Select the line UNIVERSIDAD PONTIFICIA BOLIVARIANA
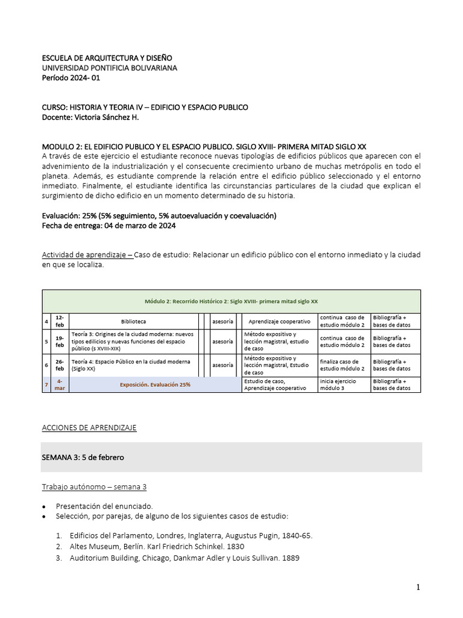[x=109, y=68]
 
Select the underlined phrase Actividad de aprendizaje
[x=87, y=255]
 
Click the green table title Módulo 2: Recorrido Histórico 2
[x=231, y=301]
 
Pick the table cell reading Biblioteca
[x=133, y=322]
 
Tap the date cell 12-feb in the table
[x=59, y=321]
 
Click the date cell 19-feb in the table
[x=59, y=341]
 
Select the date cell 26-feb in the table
[x=59, y=365]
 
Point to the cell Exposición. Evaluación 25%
[x=156, y=384]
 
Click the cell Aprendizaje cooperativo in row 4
[x=279, y=322]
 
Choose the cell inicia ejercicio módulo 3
[x=339, y=384]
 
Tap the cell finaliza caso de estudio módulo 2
[x=342, y=365]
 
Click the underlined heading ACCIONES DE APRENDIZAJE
[x=89, y=428]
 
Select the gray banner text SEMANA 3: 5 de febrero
[x=83, y=457]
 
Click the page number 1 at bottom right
[x=417, y=587]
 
